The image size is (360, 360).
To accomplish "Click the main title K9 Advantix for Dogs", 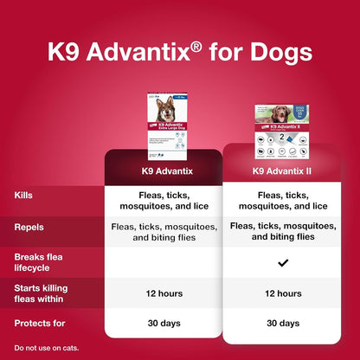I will click(179, 55).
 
